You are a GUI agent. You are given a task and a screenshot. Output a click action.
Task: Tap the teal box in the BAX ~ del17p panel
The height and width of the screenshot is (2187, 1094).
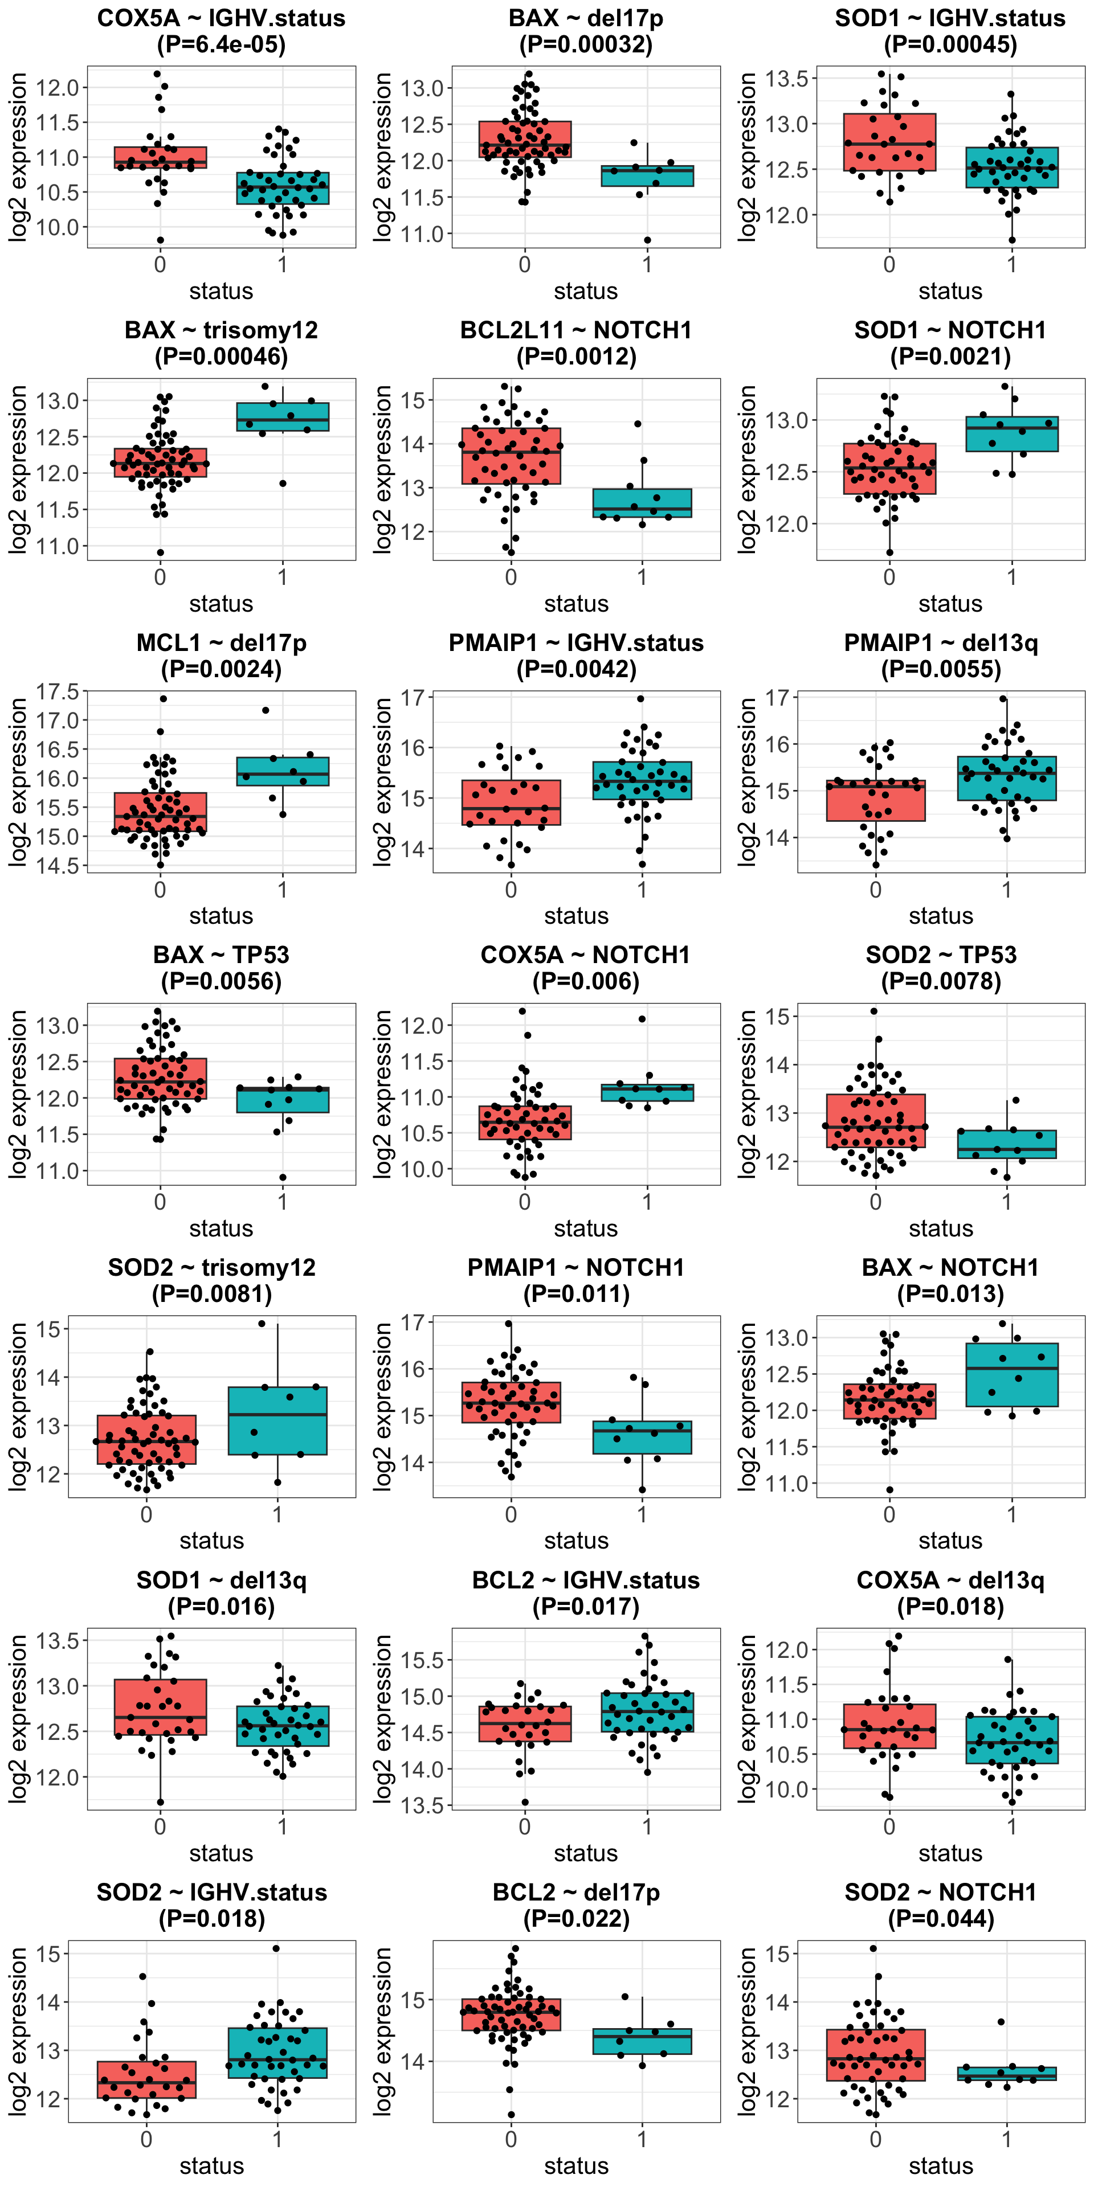[647, 176]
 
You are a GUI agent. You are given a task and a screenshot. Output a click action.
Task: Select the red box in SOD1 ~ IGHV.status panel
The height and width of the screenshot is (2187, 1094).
[889, 142]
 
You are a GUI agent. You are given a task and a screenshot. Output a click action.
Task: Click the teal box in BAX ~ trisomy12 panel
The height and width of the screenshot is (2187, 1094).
[283, 417]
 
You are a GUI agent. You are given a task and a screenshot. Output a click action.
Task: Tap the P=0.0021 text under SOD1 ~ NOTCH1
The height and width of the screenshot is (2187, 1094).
[950, 357]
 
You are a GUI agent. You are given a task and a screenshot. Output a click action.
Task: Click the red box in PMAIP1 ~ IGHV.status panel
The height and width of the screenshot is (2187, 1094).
[511, 802]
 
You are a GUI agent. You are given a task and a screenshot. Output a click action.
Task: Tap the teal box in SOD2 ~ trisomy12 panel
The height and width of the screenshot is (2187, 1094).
[277, 1420]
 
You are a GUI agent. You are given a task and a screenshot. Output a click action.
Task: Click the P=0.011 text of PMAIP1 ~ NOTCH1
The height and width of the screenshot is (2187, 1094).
[576, 1294]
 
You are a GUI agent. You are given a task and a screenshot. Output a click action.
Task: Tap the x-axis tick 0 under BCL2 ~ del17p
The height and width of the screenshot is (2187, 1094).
[511, 2140]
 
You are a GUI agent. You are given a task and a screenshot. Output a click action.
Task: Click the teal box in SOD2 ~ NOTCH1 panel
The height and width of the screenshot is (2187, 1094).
[1006, 2074]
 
